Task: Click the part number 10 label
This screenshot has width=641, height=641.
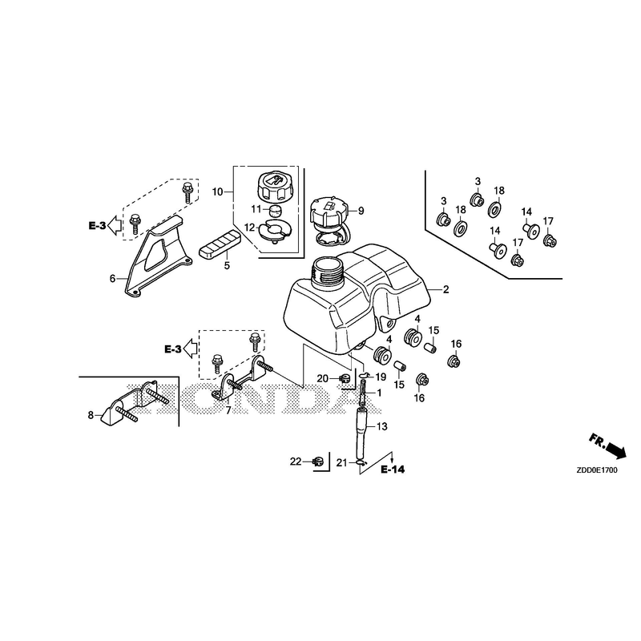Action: (x=217, y=191)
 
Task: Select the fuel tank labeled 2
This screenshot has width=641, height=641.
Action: (x=356, y=298)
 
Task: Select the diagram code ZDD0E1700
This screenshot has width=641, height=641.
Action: (x=597, y=470)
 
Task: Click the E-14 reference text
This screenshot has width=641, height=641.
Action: (x=393, y=470)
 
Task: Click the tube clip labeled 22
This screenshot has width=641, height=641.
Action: (x=317, y=462)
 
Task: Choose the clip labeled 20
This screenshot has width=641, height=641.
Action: (x=345, y=378)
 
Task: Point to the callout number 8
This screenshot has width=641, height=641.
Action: (x=91, y=415)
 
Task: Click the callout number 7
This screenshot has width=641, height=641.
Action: (x=228, y=410)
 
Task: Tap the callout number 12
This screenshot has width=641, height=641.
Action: (x=249, y=228)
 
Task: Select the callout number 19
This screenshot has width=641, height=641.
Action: (x=381, y=377)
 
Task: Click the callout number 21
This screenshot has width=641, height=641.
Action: (x=342, y=463)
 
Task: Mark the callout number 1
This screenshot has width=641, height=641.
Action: (x=379, y=393)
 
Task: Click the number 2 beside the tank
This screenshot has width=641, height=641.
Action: (x=446, y=289)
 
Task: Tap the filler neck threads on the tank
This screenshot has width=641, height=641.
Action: (x=326, y=272)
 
